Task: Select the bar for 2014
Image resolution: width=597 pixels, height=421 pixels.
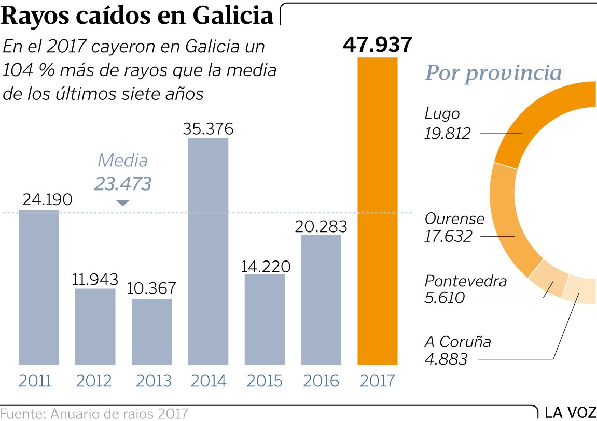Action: tap(207, 252)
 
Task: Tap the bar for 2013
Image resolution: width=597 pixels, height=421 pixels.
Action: tap(151, 332)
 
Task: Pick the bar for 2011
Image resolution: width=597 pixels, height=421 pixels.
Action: tap(39, 287)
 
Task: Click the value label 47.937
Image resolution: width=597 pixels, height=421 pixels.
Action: tap(377, 45)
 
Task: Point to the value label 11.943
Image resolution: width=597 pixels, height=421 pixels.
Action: tap(95, 279)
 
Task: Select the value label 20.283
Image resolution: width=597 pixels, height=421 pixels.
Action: tap(321, 226)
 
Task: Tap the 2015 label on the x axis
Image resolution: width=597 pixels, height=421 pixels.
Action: tap(265, 381)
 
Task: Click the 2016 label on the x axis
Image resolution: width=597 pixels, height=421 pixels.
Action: tap(321, 381)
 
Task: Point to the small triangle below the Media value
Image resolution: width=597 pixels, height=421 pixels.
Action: tap(122, 203)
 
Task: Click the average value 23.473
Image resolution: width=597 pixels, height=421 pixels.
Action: tap(122, 184)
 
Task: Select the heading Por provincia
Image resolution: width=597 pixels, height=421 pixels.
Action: tap(493, 73)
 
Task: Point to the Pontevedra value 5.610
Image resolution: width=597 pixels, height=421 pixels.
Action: tap(445, 297)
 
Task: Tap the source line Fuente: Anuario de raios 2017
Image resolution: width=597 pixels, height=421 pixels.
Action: tap(94, 414)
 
